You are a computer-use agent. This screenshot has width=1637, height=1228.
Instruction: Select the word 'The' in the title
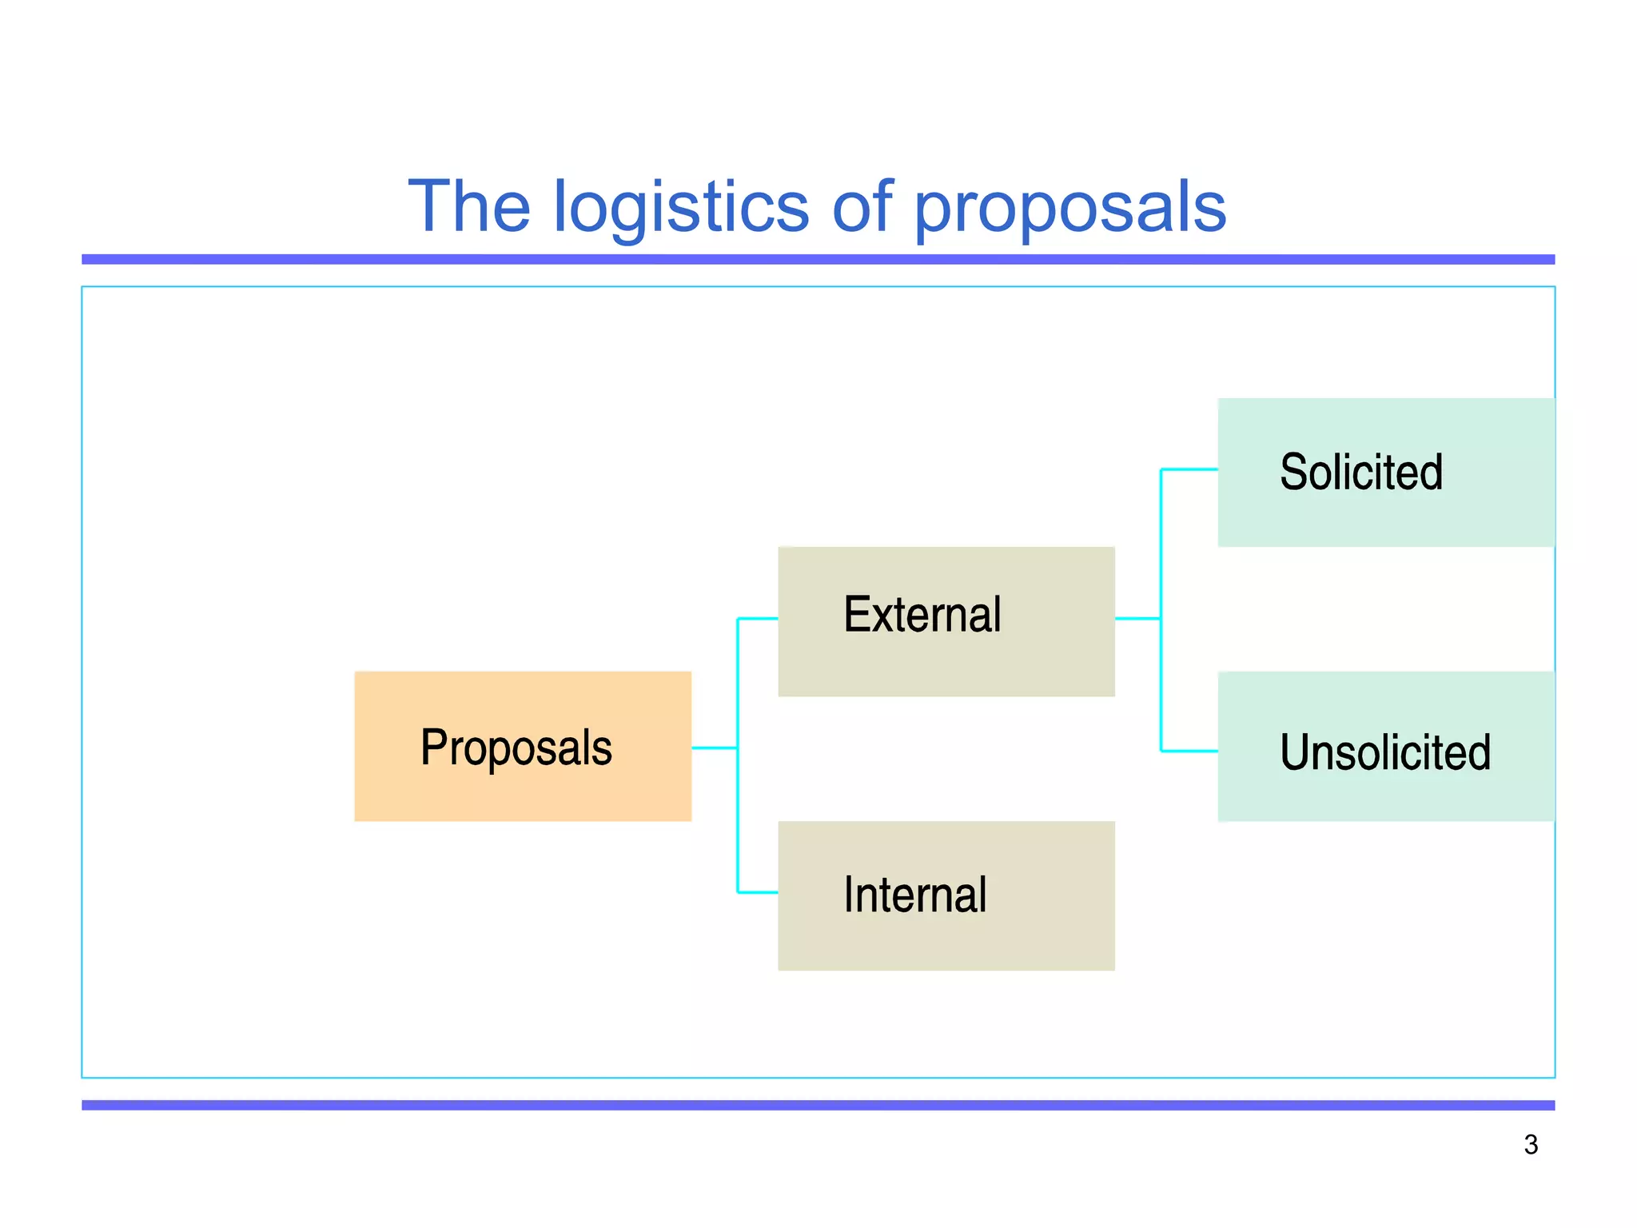click(x=469, y=206)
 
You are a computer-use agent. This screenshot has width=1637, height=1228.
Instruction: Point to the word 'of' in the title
click(x=862, y=206)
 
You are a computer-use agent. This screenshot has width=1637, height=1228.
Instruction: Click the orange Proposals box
click(x=523, y=746)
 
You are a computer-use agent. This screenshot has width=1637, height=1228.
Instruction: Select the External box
click(x=946, y=621)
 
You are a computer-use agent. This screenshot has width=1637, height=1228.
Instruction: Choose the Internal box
click(x=946, y=895)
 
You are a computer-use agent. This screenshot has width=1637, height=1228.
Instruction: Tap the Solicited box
click(x=1385, y=472)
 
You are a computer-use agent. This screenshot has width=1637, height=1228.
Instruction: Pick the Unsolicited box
click(x=1385, y=746)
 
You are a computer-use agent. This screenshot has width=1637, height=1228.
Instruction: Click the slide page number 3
click(x=1531, y=1145)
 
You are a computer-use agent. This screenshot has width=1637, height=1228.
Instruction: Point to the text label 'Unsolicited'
click(x=1385, y=752)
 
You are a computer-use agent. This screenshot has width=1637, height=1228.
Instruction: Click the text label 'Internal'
click(x=915, y=895)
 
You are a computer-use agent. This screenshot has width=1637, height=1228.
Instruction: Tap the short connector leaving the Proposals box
click(x=714, y=748)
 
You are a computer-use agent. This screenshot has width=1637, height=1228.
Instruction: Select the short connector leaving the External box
click(x=1137, y=618)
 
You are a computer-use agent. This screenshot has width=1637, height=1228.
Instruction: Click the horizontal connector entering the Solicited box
click(x=1189, y=469)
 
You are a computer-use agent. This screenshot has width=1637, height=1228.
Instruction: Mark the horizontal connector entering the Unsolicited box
click(x=1189, y=751)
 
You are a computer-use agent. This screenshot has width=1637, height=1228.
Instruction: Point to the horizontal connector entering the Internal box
click(x=758, y=892)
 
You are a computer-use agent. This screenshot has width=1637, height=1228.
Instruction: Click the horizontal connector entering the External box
click(x=758, y=618)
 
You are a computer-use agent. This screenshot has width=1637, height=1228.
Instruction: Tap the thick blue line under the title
click(x=818, y=259)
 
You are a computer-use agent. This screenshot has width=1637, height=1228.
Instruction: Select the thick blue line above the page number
click(x=818, y=1105)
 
